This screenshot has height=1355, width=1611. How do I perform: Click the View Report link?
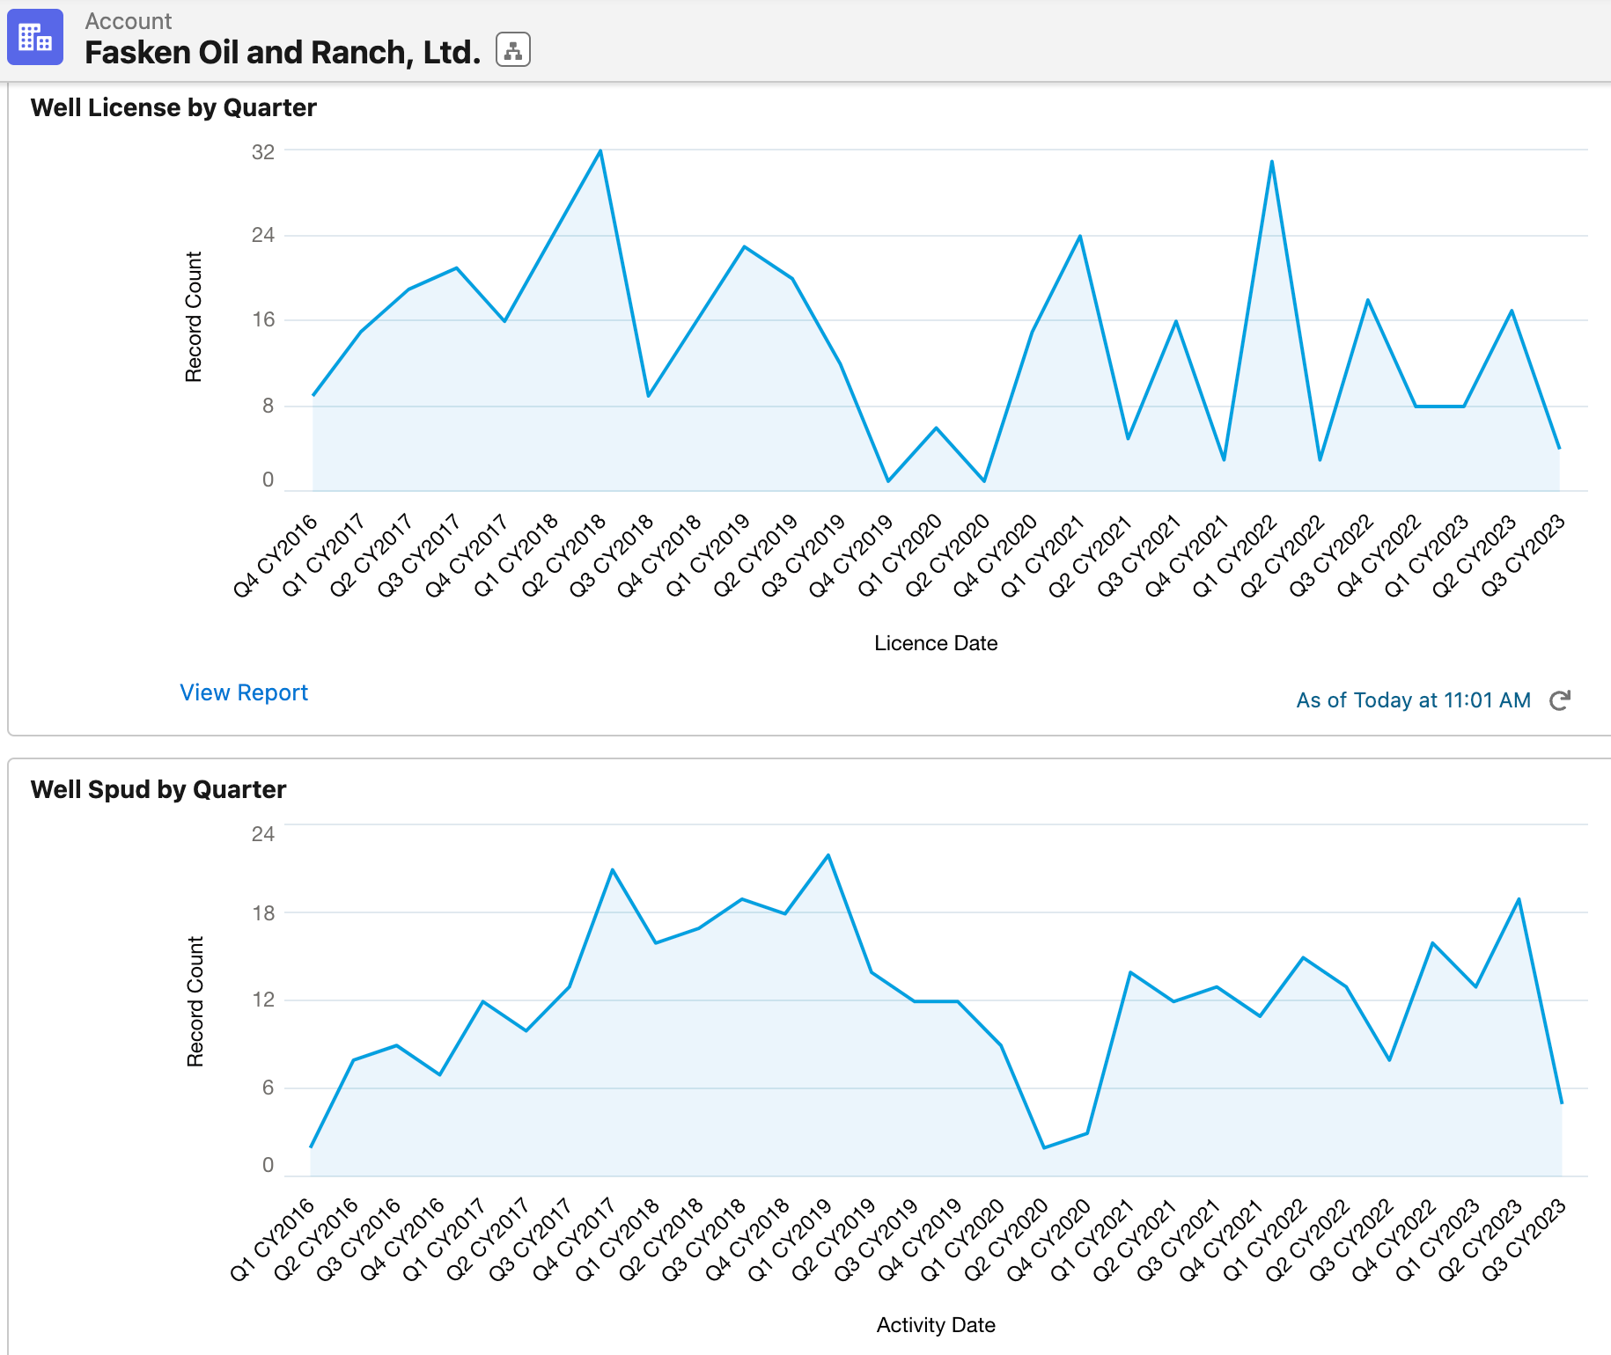(x=244, y=692)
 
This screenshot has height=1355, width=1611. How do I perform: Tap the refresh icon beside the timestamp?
(x=1560, y=700)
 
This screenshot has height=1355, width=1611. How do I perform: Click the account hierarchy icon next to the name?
(x=512, y=50)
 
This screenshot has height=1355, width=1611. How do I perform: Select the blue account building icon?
(x=35, y=37)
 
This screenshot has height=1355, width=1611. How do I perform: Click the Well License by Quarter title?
(x=173, y=107)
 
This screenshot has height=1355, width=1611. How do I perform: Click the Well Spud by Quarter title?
(x=158, y=789)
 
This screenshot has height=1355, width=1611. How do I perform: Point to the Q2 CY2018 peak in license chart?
(x=600, y=151)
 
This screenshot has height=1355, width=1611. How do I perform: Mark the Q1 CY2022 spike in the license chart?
(x=1271, y=162)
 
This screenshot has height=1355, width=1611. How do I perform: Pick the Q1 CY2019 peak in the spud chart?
(x=828, y=855)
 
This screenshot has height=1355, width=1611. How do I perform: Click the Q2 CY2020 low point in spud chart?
(x=1044, y=1147)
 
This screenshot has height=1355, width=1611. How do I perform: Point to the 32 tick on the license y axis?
(x=262, y=152)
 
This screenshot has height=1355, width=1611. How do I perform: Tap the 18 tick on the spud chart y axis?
(x=262, y=913)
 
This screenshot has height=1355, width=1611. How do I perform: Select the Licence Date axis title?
(x=936, y=643)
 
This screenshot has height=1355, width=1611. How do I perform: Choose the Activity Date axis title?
(x=936, y=1325)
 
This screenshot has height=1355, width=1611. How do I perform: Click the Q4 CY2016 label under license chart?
(x=275, y=557)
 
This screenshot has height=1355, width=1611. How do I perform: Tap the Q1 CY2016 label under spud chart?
(x=272, y=1240)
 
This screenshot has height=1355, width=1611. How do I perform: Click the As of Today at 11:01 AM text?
(x=1413, y=700)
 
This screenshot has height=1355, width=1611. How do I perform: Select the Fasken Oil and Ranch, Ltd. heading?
(x=283, y=53)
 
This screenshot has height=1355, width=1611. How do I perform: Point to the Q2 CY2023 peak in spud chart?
(x=1519, y=899)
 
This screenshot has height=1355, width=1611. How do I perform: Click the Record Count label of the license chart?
(x=194, y=317)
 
